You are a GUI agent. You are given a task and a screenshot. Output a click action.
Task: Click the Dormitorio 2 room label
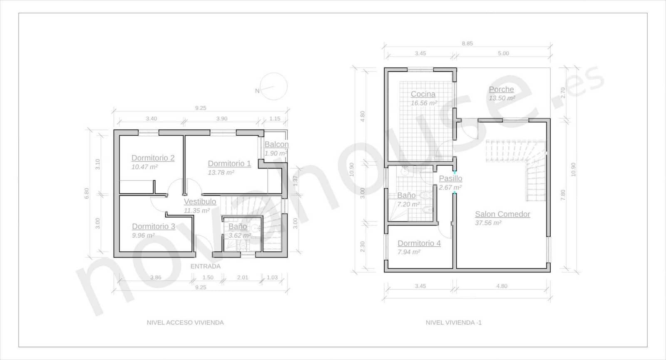pos(153,158)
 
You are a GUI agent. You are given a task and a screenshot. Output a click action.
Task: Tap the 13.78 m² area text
pos(221,172)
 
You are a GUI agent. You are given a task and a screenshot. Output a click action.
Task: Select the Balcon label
pos(276,144)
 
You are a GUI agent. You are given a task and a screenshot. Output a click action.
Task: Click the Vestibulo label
pos(200,201)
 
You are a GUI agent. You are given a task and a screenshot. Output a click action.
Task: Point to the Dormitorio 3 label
pos(153,226)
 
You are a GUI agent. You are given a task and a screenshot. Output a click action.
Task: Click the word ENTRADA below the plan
pos(205,266)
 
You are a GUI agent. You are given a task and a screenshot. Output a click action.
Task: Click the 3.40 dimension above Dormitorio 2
pos(151,119)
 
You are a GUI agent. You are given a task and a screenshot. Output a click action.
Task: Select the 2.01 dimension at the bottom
pos(242,278)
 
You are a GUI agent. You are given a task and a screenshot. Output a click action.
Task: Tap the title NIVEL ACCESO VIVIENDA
pos(185,323)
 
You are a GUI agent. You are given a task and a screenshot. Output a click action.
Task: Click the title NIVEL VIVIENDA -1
pos(453,323)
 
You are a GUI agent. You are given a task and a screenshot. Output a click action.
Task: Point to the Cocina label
pos(423,94)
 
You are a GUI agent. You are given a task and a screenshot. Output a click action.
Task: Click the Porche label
pos(501,89)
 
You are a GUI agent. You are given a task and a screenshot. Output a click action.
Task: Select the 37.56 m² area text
pos(488,223)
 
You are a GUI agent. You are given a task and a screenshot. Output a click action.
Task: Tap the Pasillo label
pos(450,178)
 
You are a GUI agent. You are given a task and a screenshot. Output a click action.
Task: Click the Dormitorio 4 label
pos(419,243)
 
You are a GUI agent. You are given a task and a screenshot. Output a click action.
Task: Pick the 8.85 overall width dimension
pos(467,43)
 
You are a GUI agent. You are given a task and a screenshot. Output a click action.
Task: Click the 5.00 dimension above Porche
pos(503,53)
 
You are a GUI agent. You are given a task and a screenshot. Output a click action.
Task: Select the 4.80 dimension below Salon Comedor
pos(502,286)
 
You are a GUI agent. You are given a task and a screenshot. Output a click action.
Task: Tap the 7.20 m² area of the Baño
pos(408,204)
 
